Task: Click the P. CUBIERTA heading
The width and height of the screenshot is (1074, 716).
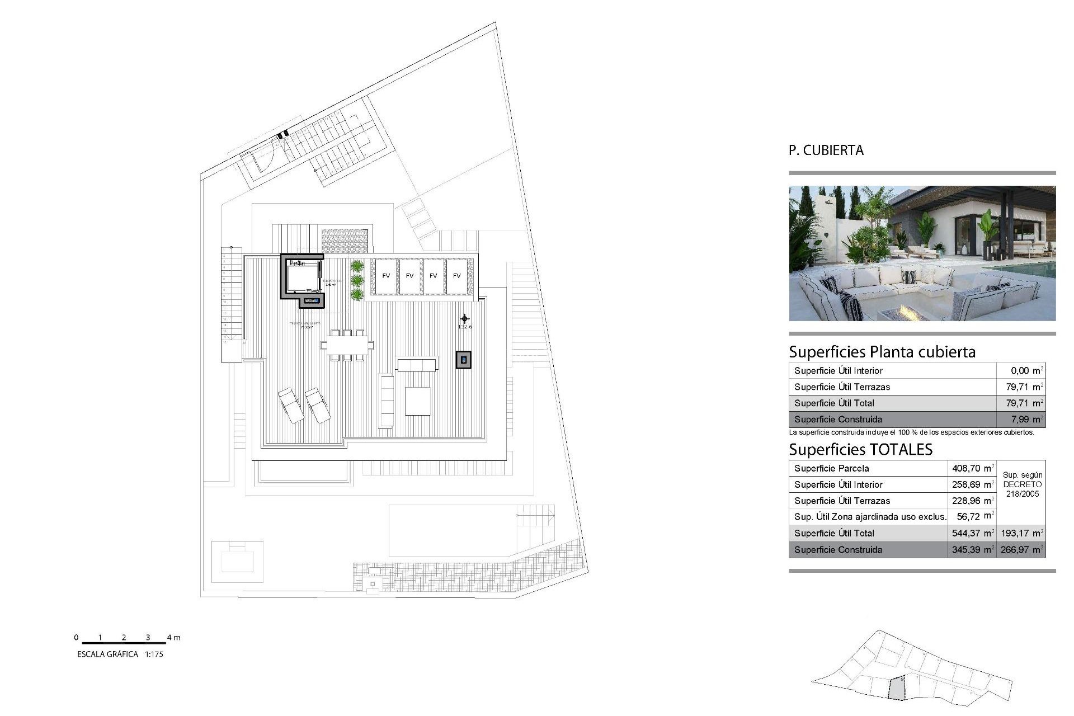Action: click(x=826, y=150)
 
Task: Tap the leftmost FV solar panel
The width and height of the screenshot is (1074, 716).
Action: click(x=386, y=275)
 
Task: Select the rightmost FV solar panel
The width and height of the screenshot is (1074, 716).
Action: click(x=457, y=275)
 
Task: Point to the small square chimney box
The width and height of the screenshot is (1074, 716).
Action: click(x=463, y=360)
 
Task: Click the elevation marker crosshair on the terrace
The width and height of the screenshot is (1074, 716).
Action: click(x=464, y=319)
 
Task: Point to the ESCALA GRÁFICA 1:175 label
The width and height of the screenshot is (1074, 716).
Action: click(x=120, y=654)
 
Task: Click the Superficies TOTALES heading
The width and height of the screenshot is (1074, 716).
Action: click(x=860, y=449)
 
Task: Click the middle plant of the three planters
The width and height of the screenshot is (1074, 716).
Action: click(x=357, y=280)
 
